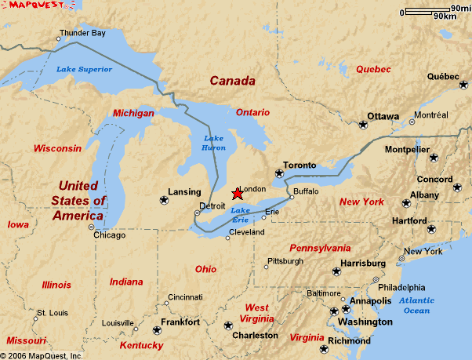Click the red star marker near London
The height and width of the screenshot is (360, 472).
tap(238, 194)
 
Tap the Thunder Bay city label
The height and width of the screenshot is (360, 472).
tap(82, 34)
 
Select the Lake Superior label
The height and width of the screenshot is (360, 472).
tap(84, 69)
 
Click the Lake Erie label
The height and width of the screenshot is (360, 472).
tap(241, 214)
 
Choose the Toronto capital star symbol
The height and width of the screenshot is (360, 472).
tap(278, 173)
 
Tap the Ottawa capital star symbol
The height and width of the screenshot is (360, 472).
tap(363, 125)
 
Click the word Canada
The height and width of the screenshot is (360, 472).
tap(233, 81)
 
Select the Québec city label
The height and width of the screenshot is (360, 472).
tap(443, 77)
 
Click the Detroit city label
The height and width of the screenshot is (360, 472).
tap(212, 205)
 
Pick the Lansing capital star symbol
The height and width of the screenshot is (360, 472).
tap(164, 200)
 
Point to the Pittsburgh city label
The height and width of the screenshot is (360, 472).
tap(285, 261)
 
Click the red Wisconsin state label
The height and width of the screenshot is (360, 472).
tap(56, 148)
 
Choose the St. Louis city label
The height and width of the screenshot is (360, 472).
tap(53, 311)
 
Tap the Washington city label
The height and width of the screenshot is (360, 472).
tap(365, 322)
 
